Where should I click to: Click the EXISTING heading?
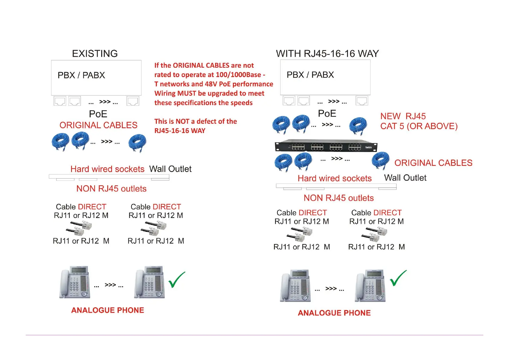pos(95,54)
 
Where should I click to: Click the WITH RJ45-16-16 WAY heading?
pos(327,54)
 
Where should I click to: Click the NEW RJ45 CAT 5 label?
pos(419,121)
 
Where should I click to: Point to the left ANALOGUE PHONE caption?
pos(108,310)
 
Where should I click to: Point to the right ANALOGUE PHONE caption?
pos(334,313)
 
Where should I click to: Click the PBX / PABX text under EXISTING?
pos(81,75)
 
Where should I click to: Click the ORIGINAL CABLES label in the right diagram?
pos(433,163)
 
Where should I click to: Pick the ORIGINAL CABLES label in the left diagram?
pos(98,125)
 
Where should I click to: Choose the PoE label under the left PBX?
pos(98,114)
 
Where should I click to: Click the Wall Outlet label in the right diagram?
pos(405,178)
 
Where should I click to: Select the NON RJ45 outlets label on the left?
pos(111,189)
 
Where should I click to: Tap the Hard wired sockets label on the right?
pos(335,178)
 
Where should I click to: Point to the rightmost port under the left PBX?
pos(133,101)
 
